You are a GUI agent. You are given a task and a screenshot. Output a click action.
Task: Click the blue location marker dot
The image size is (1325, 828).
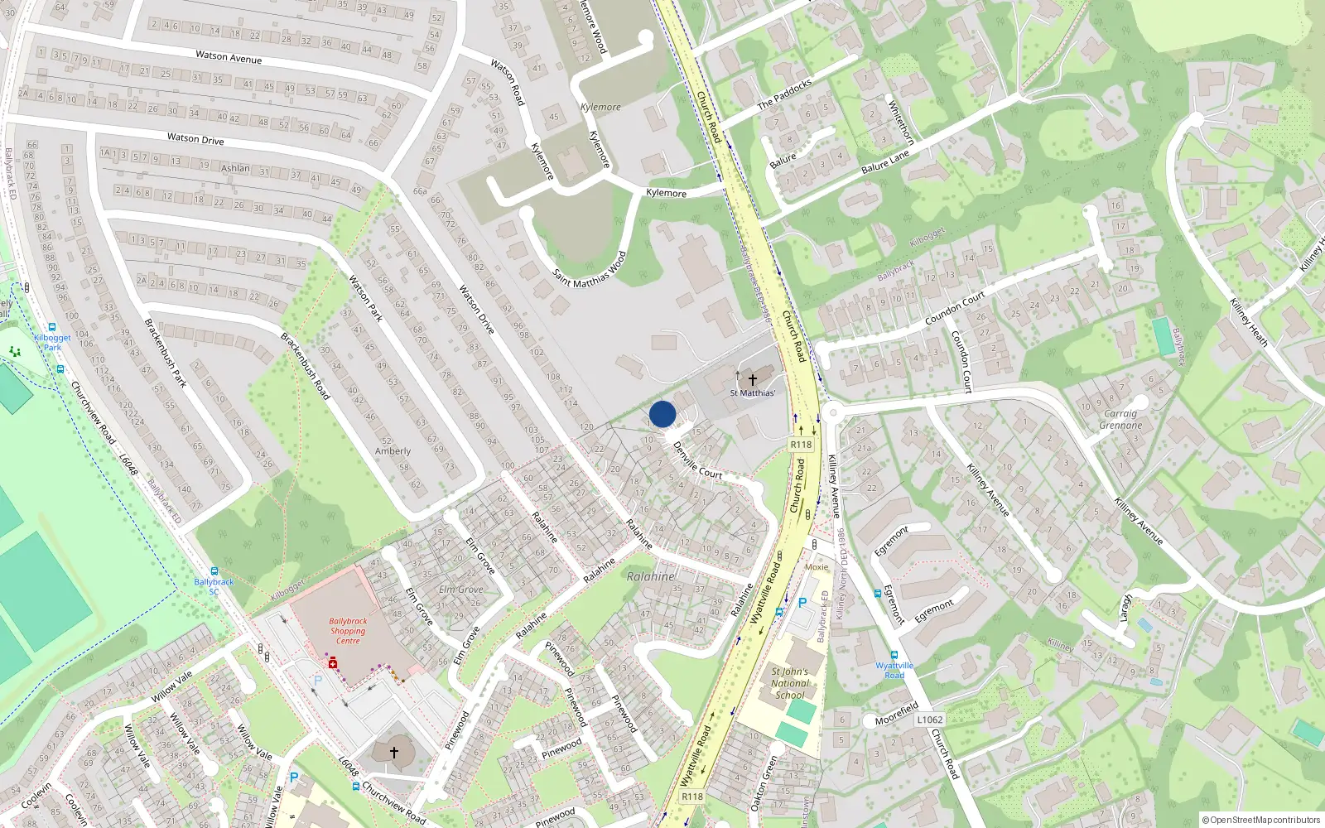(662, 414)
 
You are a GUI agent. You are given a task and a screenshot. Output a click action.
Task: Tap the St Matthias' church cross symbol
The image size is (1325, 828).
(752, 379)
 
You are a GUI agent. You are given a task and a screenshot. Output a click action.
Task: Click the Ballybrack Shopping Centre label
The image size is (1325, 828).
(348, 631)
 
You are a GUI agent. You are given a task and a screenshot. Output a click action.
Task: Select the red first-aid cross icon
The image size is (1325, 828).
(332, 664)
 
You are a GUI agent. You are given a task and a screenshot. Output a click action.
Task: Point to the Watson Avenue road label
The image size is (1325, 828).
(229, 57)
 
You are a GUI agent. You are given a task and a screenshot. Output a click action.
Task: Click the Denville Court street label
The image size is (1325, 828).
(697, 460)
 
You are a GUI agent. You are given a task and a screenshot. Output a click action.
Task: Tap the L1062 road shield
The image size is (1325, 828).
(929, 720)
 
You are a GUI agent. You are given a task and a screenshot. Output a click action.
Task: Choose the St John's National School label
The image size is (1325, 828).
(789, 683)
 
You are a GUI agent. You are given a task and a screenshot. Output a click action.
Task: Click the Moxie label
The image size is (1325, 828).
(817, 567)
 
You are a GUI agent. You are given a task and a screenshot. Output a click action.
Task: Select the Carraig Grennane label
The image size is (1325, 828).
(1120, 420)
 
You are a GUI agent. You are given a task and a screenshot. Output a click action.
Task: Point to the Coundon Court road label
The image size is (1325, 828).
(955, 308)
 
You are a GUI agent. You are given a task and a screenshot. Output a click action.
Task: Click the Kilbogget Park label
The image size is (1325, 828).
(52, 342)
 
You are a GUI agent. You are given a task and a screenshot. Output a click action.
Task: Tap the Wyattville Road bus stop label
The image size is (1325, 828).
(894, 670)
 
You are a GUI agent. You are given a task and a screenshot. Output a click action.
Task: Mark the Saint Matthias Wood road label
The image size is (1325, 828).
(590, 269)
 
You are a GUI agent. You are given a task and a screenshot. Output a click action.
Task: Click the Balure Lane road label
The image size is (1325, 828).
(885, 162)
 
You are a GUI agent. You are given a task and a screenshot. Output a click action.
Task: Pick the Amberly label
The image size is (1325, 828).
(393, 451)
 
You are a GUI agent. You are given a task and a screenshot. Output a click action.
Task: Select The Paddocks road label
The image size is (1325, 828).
(784, 94)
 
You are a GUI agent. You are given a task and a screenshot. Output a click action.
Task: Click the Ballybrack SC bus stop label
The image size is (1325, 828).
(214, 586)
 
